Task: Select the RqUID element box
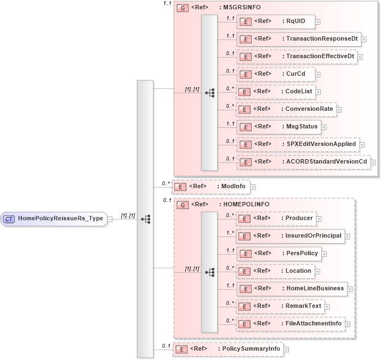pos(275,21)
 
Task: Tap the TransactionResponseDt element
pos(299,39)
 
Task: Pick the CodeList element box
pos(275,92)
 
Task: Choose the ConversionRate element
pos(286,109)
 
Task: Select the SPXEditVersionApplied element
pos(298,144)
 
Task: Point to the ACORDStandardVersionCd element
pos(303,162)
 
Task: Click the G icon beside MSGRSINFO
pos(182,8)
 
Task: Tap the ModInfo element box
pos(211,187)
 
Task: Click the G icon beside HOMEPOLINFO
pos(182,205)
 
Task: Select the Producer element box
pos(276,218)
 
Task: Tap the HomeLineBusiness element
pos(291,289)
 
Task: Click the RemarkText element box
pos(280,306)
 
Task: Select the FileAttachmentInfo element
pos(291,324)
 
